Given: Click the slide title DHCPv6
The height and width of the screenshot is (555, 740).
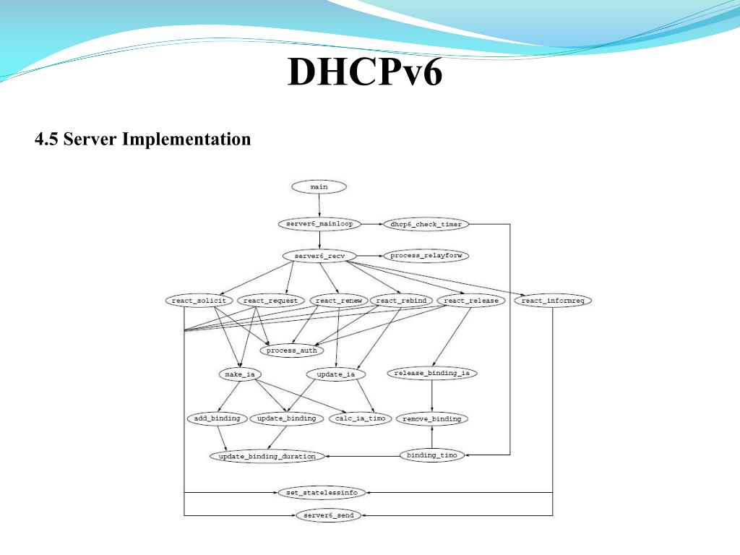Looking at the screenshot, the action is click(x=364, y=73).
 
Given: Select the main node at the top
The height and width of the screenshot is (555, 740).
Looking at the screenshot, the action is click(x=319, y=186).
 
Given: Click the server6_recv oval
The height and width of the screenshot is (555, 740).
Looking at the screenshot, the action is click(x=319, y=256).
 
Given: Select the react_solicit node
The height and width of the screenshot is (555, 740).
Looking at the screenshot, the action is click(x=199, y=301).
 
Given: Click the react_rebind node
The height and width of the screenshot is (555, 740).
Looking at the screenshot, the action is click(x=401, y=301).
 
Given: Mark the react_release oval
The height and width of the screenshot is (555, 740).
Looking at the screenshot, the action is click(x=470, y=301).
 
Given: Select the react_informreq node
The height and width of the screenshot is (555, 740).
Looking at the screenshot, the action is click(x=552, y=301).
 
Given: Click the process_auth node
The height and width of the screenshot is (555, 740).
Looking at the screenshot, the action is click(x=291, y=350).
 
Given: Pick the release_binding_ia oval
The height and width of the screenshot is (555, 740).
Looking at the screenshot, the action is click(x=432, y=374).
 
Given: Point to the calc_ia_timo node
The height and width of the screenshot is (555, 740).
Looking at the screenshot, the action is click(x=361, y=418).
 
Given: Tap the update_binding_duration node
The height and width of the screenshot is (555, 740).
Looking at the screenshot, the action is click(x=267, y=456).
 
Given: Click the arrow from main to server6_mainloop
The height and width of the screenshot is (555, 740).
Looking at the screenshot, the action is click(x=319, y=205).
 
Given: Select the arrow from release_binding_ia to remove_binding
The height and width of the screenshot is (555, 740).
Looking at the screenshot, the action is click(x=432, y=396).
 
